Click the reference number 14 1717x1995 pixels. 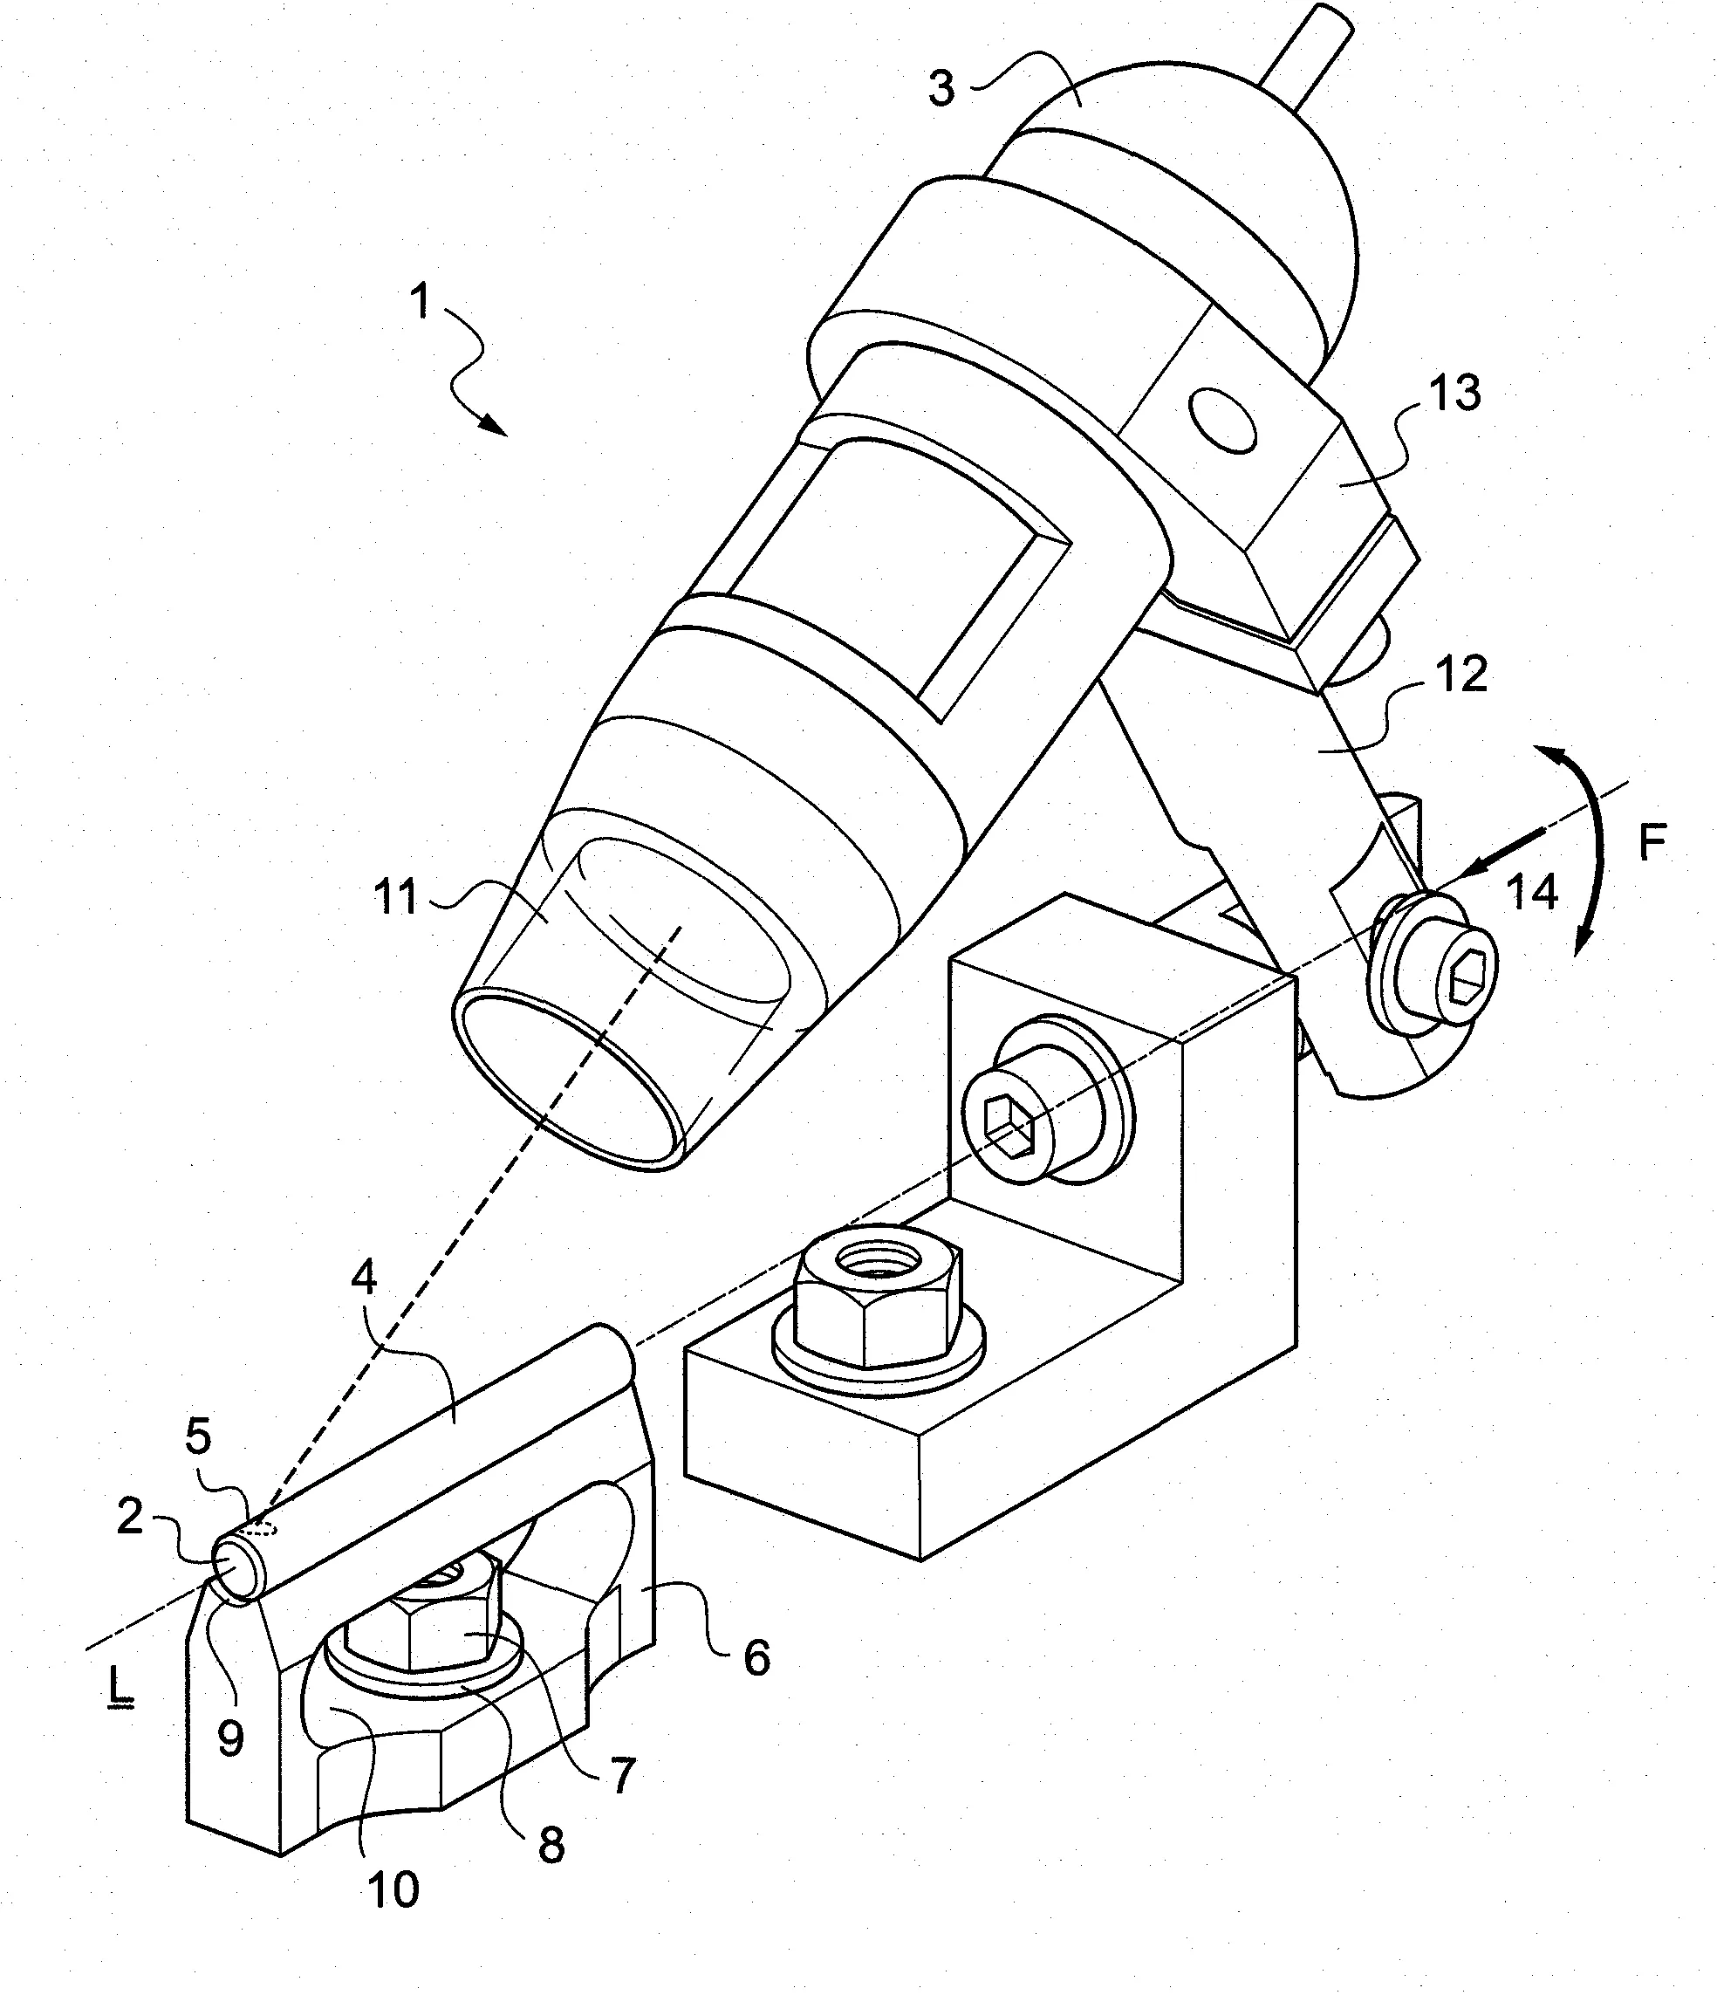[1531, 894]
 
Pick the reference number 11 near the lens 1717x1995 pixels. [395, 897]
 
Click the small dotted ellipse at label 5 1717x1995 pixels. [262, 1527]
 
